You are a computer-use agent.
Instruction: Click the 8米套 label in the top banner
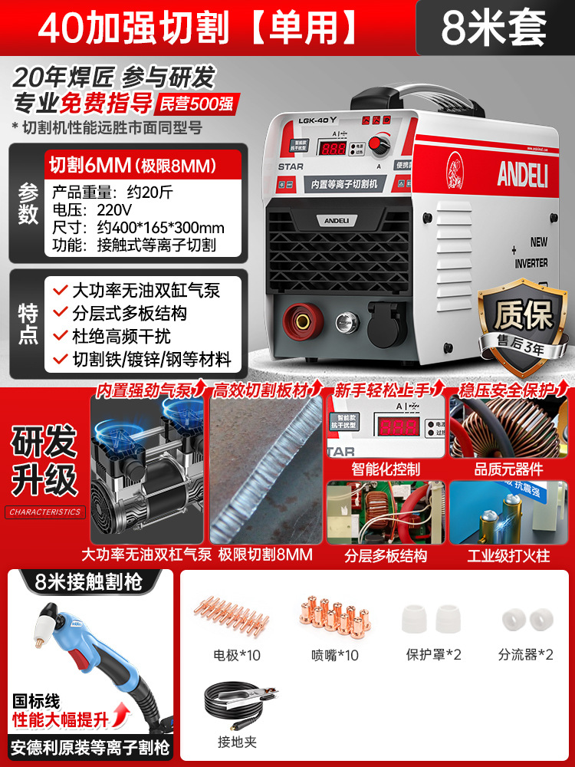pyautogui.click(x=494, y=28)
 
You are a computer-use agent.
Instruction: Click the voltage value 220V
pyautogui.click(x=114, y=209)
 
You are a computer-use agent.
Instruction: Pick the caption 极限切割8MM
pyautogui.click(x=265, y=554)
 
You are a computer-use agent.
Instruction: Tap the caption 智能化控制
pyautogui.click(x=386, y=468)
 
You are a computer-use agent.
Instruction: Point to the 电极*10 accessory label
pyautogui.click(x=238, y=655)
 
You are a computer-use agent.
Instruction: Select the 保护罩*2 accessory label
pyautogui.click(x=434, y=655)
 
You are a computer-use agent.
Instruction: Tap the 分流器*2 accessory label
pyautogui.click(x=525, y=654)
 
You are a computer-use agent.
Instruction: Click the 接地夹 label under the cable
pyautogui.click(x=238, y=742)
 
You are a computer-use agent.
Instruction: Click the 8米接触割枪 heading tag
pyautogui.click(x=89, y=581)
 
